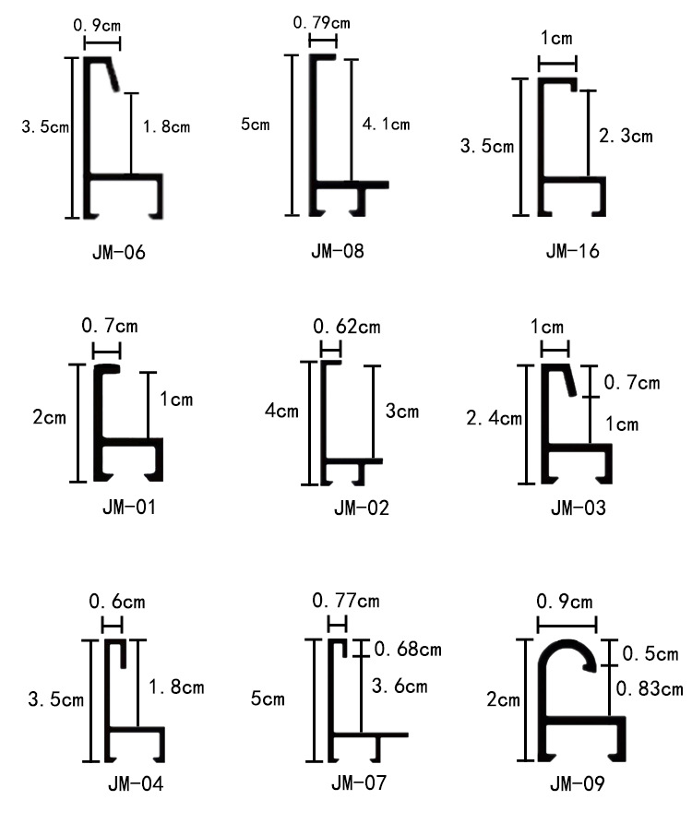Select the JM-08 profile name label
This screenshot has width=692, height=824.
point(337,249)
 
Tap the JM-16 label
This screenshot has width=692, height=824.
point(572,250)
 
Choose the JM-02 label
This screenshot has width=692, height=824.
point(362,508)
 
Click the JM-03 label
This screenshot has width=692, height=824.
point(579,508)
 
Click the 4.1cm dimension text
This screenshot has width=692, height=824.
point(387,125)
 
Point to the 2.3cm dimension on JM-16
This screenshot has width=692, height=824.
point(626,137)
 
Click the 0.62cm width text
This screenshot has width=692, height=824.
point(347,327)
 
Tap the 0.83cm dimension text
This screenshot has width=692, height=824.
point(650,687)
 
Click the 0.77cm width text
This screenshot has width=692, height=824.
point(346,601)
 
